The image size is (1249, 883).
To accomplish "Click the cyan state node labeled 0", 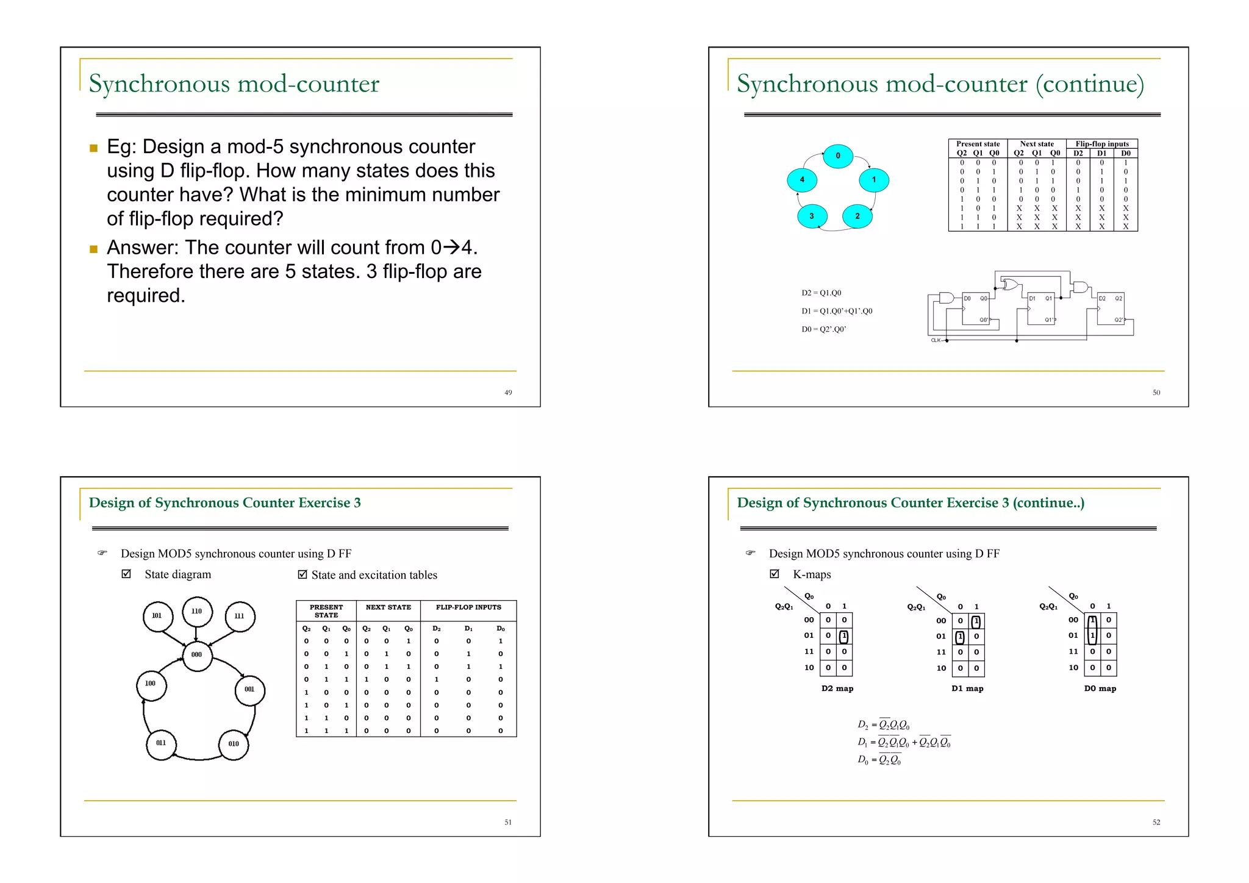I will (837, 156).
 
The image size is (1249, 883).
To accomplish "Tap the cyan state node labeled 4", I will (801, 180).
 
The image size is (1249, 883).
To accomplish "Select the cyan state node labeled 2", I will (857, 216).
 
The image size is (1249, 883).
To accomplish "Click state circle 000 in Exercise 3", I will (196, 655).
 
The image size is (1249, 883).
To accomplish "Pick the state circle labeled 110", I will (196, 611).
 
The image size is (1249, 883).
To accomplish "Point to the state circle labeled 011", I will (161, 743).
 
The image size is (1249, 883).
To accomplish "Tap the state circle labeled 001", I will (249, 690).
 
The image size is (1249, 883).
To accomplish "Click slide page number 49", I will (508, 393).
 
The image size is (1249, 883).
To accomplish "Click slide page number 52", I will (1156, 823).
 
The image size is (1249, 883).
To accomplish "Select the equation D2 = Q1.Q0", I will (821, 293).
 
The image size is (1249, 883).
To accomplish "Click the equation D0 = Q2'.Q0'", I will (823, 329).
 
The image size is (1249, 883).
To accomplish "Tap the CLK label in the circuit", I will (936, 340).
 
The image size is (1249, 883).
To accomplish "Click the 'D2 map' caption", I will (837, 688).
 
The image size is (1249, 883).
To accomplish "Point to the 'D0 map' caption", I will (1100, 688).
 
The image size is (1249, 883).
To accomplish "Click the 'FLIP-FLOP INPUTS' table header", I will (468, 607).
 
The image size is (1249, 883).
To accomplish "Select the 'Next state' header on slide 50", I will (1037, 145).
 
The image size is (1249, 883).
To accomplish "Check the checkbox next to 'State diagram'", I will (126, 574).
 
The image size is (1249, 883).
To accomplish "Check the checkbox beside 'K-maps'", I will (775, 574).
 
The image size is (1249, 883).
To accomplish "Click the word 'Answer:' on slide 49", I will (143, 248).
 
